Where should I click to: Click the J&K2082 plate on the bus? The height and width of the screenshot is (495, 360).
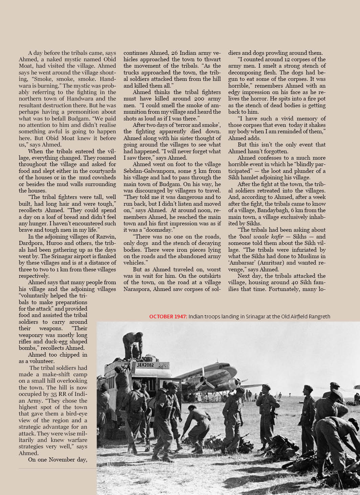click(145, 365)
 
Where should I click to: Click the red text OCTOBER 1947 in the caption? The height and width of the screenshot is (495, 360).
click(168, 317)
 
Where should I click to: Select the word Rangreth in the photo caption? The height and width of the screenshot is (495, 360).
click(319, 317)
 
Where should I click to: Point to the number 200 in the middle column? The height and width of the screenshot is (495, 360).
click(199, 99)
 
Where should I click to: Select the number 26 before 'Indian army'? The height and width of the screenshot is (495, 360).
click(174, 53)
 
